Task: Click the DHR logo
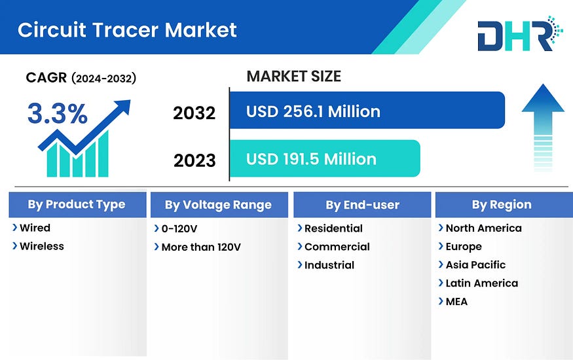520,33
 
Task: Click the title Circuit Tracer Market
127,30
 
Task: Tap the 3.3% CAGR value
58,113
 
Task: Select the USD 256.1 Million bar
367,110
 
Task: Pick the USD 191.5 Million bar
325,158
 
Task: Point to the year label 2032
194,113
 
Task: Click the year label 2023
194,160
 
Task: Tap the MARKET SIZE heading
294,77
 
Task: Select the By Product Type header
77,204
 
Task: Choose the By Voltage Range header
219,205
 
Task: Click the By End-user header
362,205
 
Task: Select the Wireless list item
42,246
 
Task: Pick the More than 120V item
201,247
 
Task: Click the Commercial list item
337,247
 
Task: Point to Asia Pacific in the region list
475,264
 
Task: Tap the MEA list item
456,302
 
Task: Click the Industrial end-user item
329,265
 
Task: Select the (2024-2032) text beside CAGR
103,78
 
